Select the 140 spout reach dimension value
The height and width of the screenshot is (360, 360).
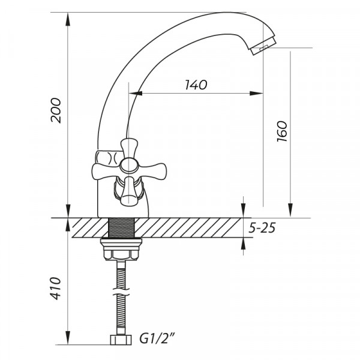[x=196, y=85]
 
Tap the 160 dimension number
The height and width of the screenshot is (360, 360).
[x=282, y=131]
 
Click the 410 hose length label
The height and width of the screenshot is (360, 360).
[x=56, y=289]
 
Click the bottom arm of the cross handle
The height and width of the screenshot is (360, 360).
[x=127, y=191]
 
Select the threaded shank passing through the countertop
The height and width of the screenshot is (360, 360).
[x=122, y=227]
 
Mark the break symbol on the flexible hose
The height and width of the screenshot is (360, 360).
[x=122, y=295]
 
